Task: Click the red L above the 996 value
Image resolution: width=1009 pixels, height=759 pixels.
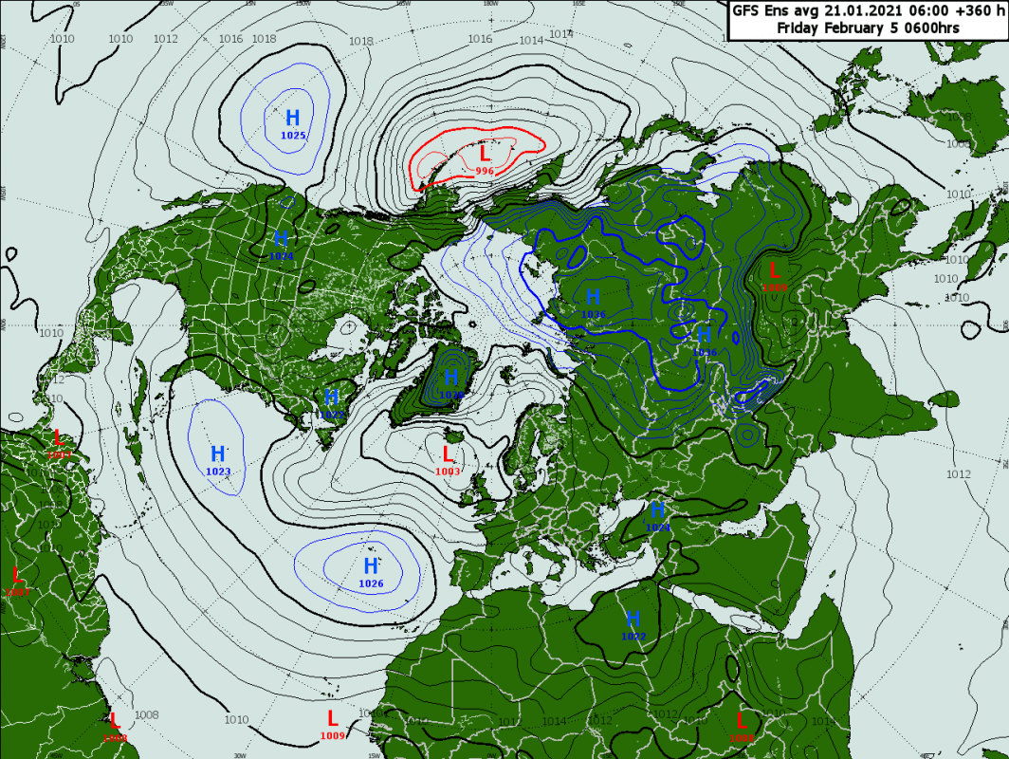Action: (x=486, y=153)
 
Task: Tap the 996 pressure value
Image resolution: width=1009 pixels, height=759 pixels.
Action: (x=485, y=171)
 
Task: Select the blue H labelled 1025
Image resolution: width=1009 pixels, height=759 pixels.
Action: (x=293, y=119)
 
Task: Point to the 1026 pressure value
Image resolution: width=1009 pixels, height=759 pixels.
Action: (x=371, y=583)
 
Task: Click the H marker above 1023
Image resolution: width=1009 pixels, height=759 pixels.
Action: (x=218, y=454)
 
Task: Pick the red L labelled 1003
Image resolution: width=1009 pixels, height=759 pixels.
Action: (x=448, y=454)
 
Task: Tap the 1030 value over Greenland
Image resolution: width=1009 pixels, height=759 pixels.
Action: (x=451, y=395)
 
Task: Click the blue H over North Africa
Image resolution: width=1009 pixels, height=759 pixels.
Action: (x=633, y=620)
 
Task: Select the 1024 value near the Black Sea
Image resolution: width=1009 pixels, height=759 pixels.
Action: (x=658, y=527)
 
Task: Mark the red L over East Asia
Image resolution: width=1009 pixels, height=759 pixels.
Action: (x=774, y=270)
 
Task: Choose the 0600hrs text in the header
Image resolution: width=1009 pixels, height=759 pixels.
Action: (x=930, y=28)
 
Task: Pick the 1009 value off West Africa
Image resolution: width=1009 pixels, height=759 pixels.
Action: (x=333, y=735)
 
